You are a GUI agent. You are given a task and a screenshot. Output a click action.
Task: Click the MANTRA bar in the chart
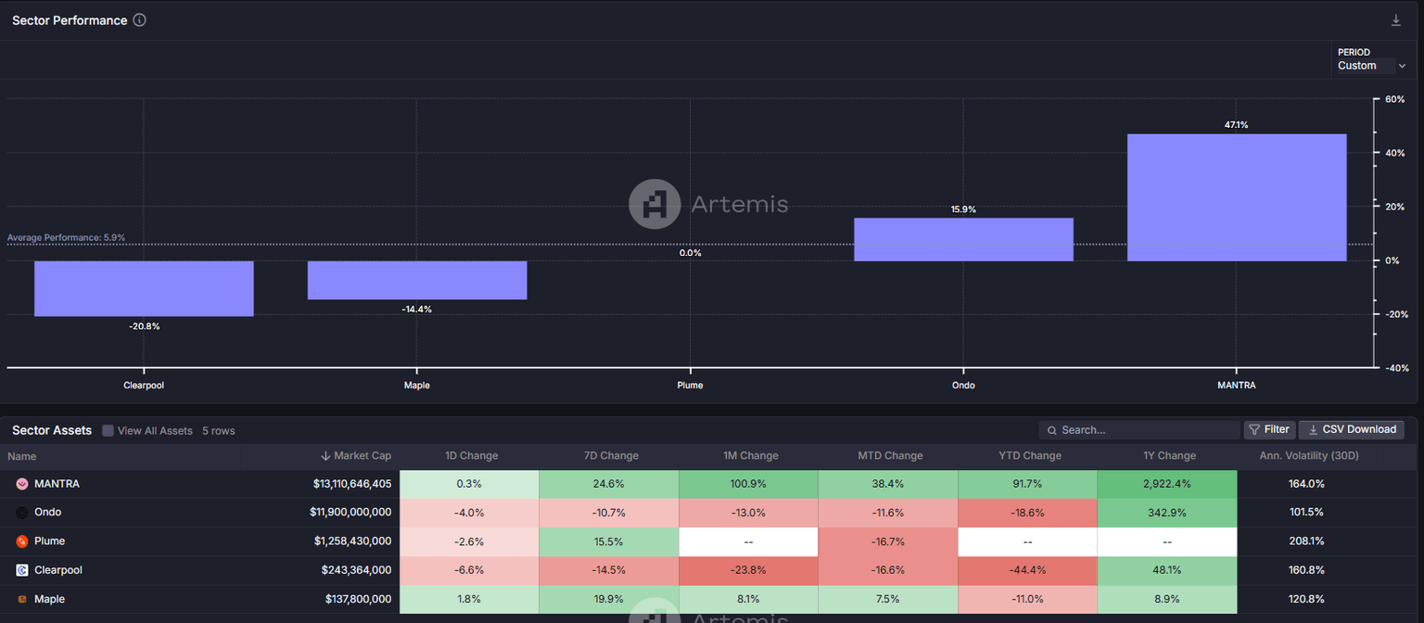coord(1236,197)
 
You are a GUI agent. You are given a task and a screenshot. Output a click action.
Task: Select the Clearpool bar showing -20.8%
coord(144,288)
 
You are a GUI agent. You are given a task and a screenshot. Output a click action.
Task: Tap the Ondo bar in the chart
coord(963,239)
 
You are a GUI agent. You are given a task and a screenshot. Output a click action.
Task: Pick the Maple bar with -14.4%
coord(416,280)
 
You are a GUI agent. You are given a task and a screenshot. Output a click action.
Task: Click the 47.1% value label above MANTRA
coord(1236,125)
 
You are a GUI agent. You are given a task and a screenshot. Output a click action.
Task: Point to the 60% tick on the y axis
coord(1395,99)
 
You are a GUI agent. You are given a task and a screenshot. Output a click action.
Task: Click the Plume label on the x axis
coord(690,385)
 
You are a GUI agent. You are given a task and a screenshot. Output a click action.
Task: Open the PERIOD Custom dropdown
coord(1371,66)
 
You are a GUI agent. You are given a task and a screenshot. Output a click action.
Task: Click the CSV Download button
coord(1351,429)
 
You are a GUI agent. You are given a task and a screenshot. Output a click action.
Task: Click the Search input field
coord(1145,430)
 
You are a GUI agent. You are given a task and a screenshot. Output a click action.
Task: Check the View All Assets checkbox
coord(108,430)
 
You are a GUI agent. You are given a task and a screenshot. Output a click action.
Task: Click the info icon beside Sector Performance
coord(139,20)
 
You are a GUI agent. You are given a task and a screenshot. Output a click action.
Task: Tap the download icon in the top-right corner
coord(1395,20)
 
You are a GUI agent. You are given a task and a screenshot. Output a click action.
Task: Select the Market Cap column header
coord(356,455)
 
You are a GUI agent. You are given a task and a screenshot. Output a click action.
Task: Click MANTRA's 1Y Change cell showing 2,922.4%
coord(1166,484)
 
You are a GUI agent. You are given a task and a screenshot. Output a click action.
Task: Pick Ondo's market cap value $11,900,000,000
coord(352,513)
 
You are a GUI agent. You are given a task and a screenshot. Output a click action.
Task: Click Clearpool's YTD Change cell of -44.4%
coord(1026,570)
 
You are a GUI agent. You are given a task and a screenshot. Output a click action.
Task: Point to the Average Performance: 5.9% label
coord(66,238)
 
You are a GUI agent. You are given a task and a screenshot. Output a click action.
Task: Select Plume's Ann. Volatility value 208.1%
coord(1305,541)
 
